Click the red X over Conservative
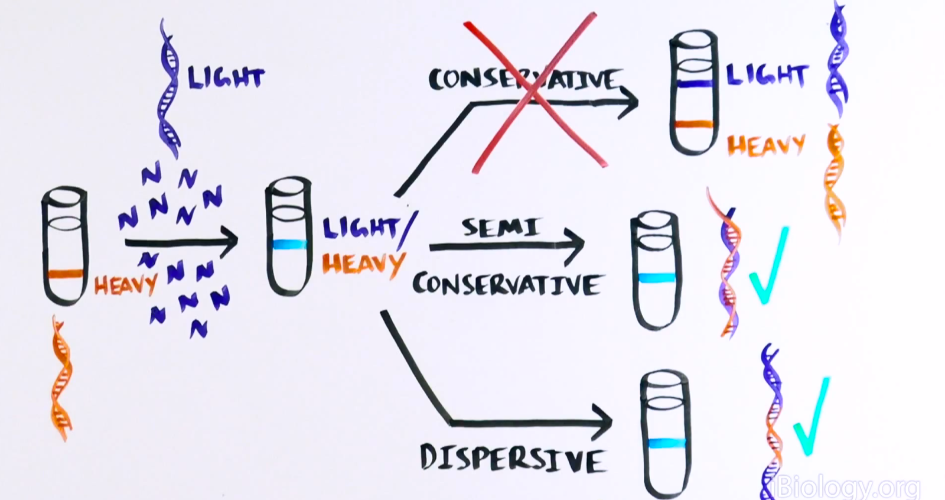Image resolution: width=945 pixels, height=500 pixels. pyautogui.click(x=535, y=92)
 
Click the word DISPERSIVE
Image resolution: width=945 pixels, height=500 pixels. pyautogui.click(x=512, y=459)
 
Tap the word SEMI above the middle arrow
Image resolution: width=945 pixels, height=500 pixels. pyautogui.click(x=501, y=227)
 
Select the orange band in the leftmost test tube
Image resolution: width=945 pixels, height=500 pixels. pyautogui.click(x=64, y=274)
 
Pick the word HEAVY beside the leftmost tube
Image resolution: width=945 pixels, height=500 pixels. pyautogui.click(x=125, y=285)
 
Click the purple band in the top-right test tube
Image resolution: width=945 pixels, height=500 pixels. pyautogui.click(x=696, y=84)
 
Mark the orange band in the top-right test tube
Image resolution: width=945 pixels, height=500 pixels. pyautogui.click(x=693, y=125)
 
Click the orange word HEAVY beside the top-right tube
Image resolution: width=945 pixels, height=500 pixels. pyautogui.click(x=766, y=145)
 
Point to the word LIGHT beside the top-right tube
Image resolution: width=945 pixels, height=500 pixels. pyautogui.click(x=766, y=76)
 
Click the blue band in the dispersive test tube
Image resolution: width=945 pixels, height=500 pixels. pyautogui.click(x=666, y=443)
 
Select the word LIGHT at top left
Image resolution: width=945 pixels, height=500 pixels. pyautogui.click(x=226, y=77)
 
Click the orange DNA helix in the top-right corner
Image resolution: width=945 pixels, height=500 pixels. pyautogui.click(x=834, y=177)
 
